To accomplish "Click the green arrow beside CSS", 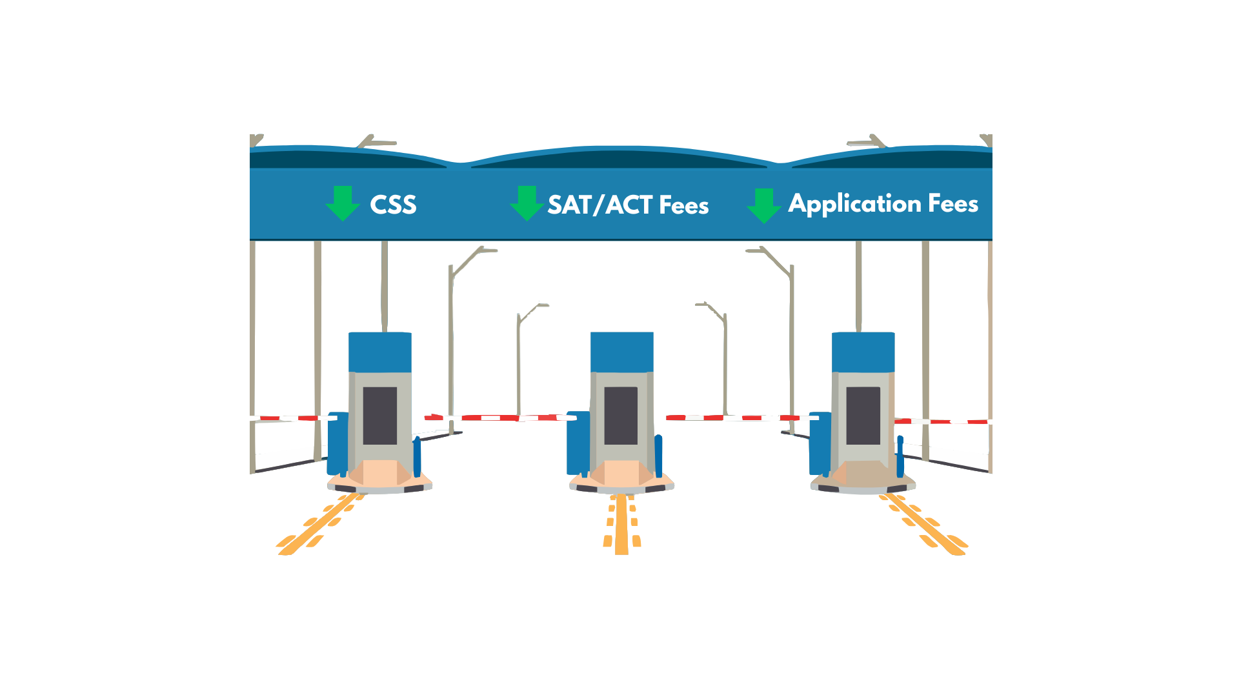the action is point(343,203).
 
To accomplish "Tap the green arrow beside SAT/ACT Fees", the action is point(527,203).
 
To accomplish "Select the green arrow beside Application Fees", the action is point(764,206).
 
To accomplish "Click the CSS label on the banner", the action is point(393,205).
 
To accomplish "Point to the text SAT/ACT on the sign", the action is point(600,205).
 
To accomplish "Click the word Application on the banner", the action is point(854,204).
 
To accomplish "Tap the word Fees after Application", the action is point(953,203).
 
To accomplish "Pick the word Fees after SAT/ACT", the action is point(684,205).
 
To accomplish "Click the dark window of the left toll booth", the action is point(379,416).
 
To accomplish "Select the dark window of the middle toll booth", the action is point(621,416).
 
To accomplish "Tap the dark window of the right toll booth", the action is point(863,416).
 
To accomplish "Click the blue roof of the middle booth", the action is point(622,352).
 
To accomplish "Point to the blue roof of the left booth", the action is point(380,352).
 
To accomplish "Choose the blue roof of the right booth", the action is point(863,352).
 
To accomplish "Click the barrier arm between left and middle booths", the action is point(500,418).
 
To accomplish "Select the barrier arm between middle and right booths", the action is point(742,418).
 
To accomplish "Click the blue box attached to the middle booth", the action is point(578,443).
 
